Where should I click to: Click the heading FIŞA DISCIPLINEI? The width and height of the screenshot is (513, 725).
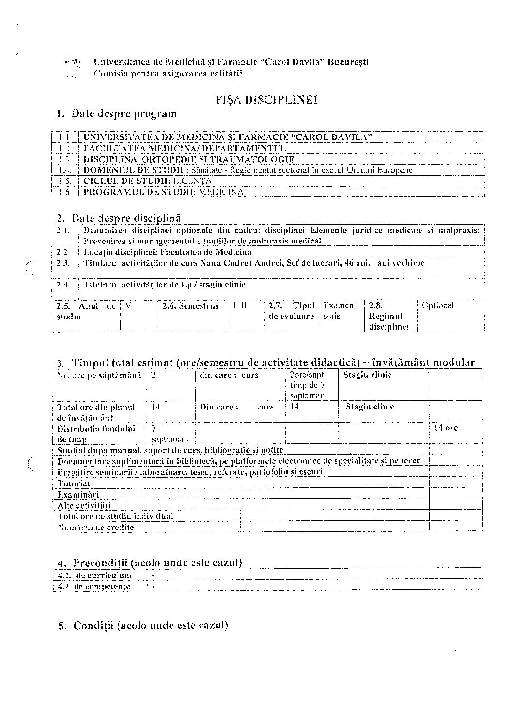pos(266,100)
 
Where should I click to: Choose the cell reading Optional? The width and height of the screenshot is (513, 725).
pos(438,305)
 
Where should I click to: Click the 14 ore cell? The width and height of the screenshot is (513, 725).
pos(445,428)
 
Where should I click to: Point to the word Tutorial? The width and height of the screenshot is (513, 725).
pos(74,483)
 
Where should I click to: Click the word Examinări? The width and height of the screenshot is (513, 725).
pos(78,494)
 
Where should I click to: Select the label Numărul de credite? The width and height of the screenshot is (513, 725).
pos(95,527)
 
